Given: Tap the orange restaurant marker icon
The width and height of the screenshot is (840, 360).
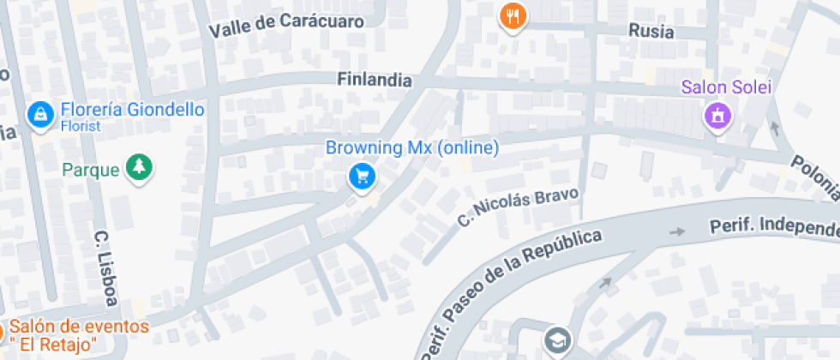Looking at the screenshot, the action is [513, 15].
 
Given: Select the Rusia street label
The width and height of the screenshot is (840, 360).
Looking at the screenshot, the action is [651, 32].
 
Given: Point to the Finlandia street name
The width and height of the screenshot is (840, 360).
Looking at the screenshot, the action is [375, 80].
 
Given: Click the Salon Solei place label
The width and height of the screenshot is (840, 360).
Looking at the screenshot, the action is [727, 87].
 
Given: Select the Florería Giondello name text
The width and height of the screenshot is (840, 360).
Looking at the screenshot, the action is [131, 110].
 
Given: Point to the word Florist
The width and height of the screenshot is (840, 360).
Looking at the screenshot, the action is [80, 126].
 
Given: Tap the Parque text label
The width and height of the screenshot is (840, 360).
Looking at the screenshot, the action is [91, 170].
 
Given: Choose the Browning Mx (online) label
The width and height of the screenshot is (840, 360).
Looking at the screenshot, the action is [411, 147].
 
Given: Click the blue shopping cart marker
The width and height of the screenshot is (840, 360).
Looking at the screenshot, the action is [363, 176].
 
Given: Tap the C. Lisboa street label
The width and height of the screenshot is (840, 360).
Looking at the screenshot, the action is [105, 267].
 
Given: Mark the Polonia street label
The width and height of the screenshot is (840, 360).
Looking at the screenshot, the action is [815, 179].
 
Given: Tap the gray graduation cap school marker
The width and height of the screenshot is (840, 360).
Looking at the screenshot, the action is [557, 340].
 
